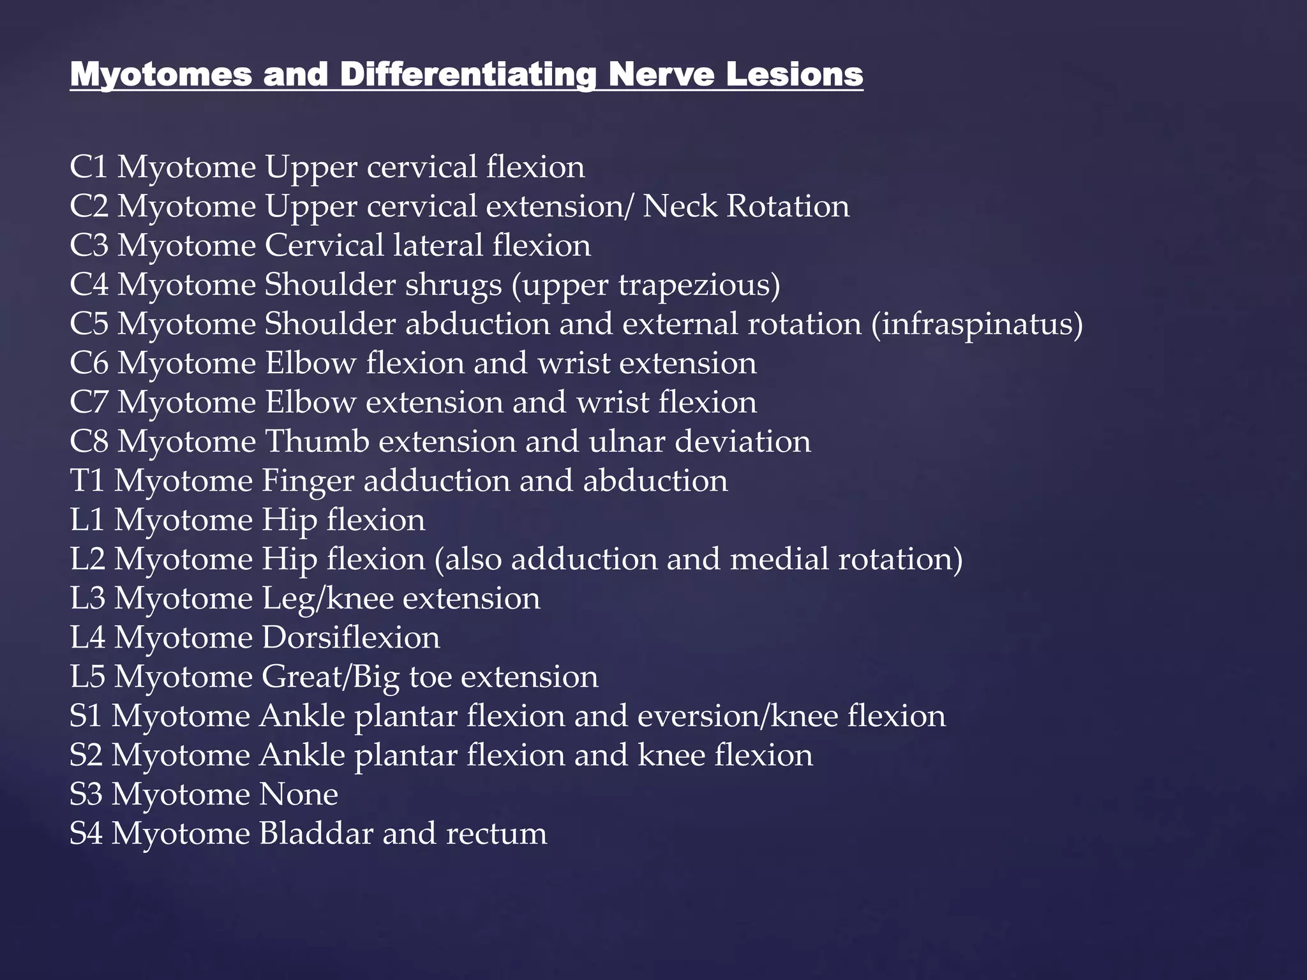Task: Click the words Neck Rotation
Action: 745,206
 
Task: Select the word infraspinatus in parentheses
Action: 976,324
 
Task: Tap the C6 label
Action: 89,364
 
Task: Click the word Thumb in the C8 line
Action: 317,442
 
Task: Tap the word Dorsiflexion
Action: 350,638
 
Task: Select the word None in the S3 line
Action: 298,795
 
